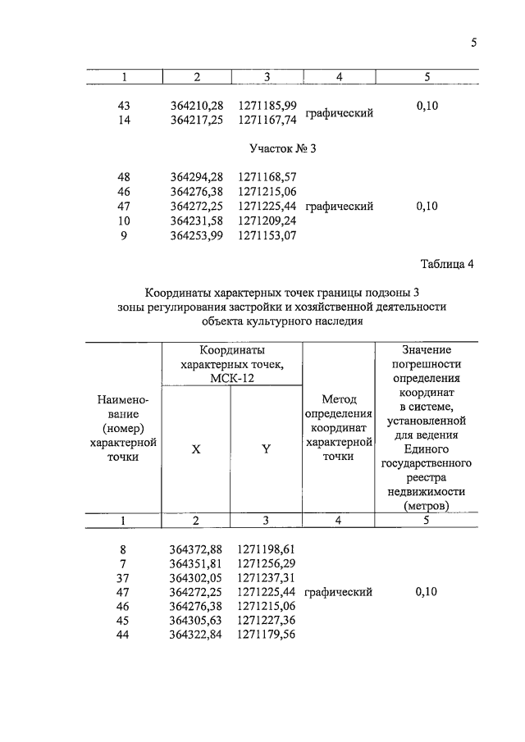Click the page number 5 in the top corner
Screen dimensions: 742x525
pos(474,43)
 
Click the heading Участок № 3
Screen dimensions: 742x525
pos(281,148)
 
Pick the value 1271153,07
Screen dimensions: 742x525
pos(267,236)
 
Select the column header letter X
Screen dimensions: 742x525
pos(197,448)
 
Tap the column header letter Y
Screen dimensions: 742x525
pos(267,448)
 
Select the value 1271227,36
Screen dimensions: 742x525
pos(267,621)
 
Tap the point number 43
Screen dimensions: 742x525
pos(125,105)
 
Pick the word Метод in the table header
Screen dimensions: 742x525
pos(338,398)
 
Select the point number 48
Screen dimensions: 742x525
pos(125,177)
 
